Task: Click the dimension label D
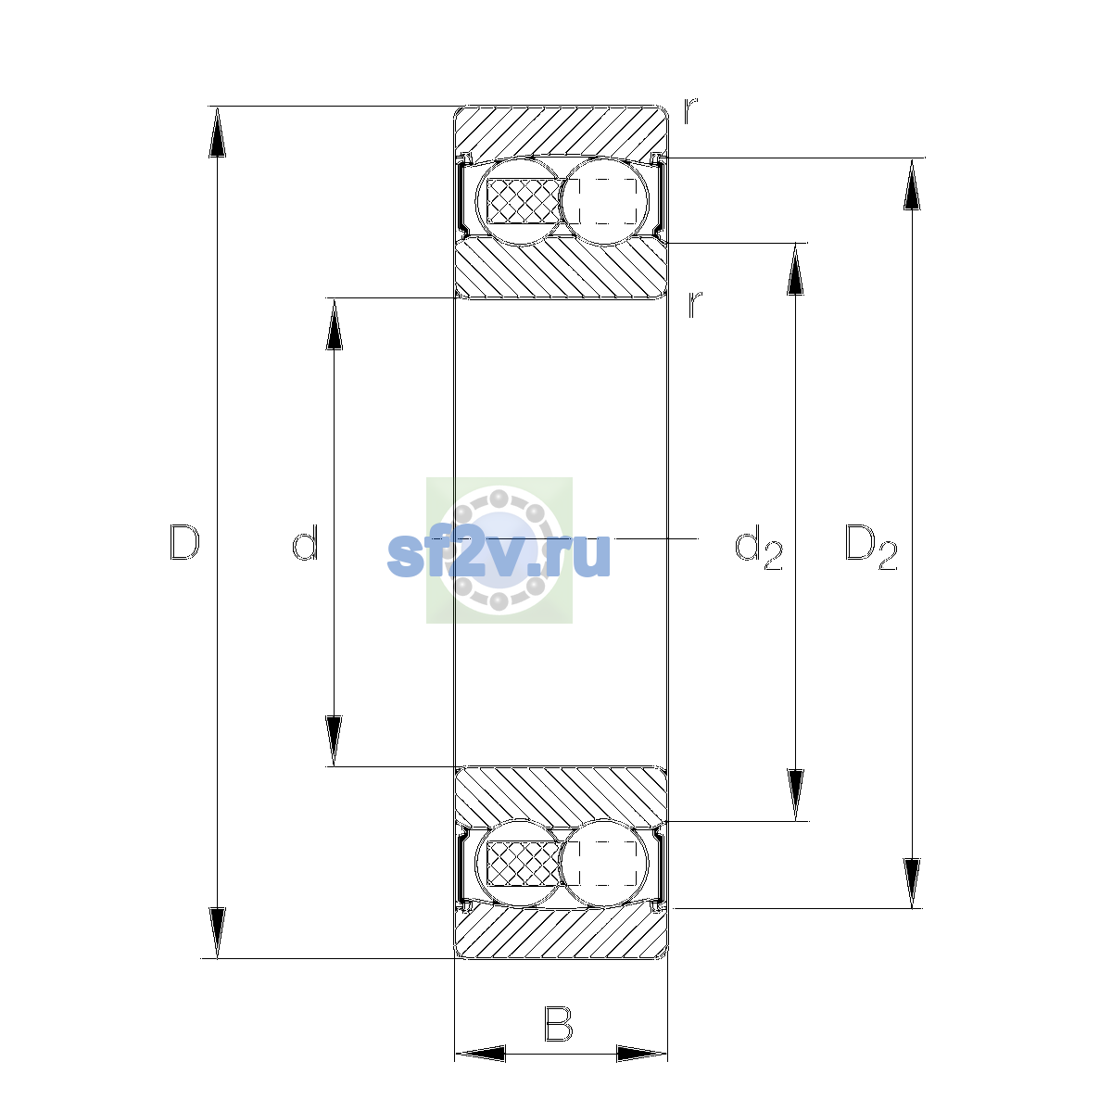coord(184,542)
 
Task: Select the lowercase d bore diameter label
coord(305,542)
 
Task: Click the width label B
coord(558,1024)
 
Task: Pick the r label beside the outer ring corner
coord(690,111)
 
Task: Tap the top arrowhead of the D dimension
coord(217,132)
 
